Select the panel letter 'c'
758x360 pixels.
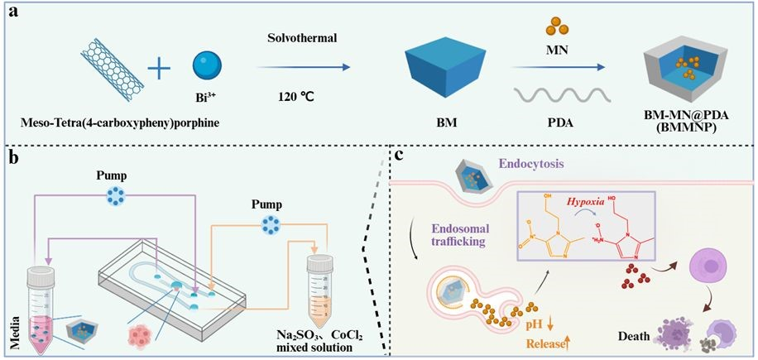tap(399, 156)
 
